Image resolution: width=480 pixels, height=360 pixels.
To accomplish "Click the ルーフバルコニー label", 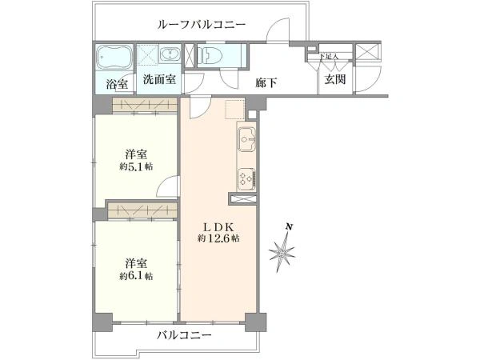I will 201,25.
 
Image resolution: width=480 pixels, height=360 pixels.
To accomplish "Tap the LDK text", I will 218,226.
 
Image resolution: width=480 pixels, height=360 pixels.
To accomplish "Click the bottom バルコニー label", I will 184,335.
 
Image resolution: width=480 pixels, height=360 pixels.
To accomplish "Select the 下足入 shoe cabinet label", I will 327,57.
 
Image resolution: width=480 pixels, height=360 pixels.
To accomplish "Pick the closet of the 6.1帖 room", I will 142,210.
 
